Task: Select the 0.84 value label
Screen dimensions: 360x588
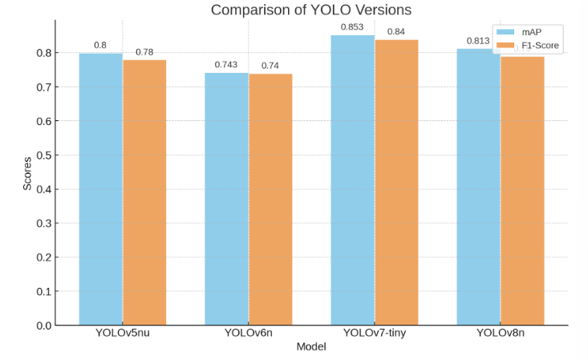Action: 396,32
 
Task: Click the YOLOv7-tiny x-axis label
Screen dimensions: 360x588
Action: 374,333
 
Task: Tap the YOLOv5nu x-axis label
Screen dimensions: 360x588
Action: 122,333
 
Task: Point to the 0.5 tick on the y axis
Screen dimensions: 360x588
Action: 43,156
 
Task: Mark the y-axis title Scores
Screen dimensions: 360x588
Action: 27,172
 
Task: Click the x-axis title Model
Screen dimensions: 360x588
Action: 311,347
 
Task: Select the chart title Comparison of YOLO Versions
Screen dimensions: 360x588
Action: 311,10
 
